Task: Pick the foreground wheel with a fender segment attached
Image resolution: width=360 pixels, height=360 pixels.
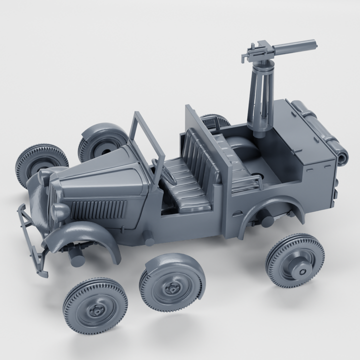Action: coord(172,282)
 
